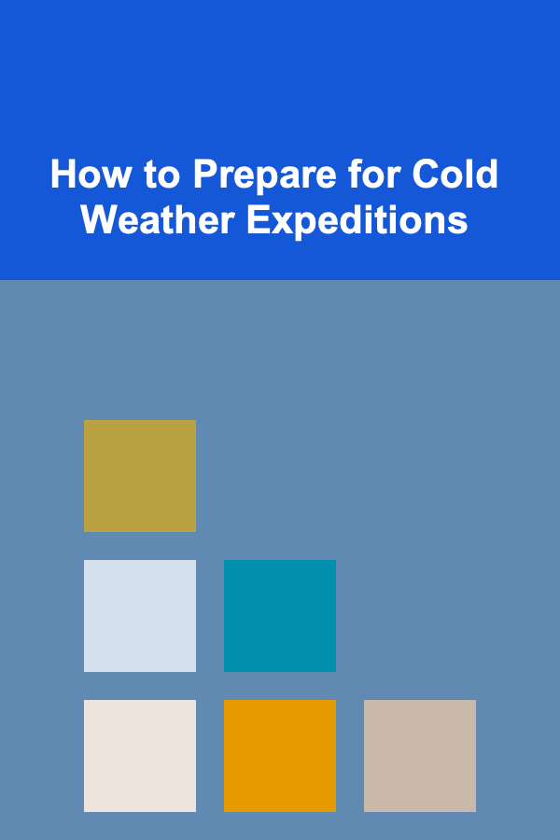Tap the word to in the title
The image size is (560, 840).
[161, 175]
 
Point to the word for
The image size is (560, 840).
[374, 175]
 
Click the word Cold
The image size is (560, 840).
[455, 175]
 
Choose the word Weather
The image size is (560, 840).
[158, 219]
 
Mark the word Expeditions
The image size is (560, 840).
[357, 222]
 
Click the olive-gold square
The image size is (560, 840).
[140, 476]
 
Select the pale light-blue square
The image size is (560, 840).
[140, 616]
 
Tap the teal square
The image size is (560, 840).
[280, 616]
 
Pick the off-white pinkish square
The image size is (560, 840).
[140, 755]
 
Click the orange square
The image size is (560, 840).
[280, 755]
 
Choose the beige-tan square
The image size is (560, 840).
[420, 755]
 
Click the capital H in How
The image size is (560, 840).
[63, 175]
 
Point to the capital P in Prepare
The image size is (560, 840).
[205, 175]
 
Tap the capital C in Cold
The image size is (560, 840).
[426, 175]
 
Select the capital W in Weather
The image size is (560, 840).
[100, 219]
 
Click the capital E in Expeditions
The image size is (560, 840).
[259, 219]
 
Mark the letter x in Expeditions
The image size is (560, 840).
[282, 224]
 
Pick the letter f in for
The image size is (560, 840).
[355, 174]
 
